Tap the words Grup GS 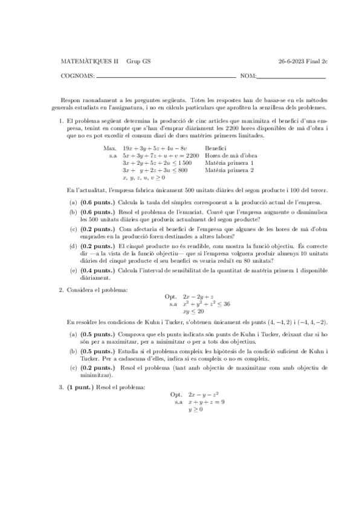[x=138, y=61]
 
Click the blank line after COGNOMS [x=166, y=77]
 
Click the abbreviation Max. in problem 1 [x=110, y=148]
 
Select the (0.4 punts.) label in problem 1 [x=97, y=271]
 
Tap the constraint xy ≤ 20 [x=194, y=312]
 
